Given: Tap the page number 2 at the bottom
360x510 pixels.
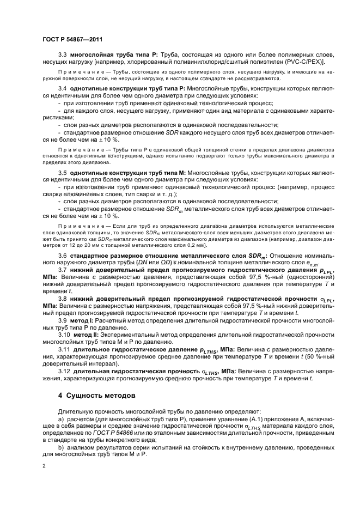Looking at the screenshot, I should [44, 466].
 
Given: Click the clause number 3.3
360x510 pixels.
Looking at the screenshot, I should [62, 56].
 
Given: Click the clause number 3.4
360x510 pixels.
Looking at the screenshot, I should [62, 88].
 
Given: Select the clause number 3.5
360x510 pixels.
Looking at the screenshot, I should [62, 172].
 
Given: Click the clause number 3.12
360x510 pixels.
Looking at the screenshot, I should [64, 386].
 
